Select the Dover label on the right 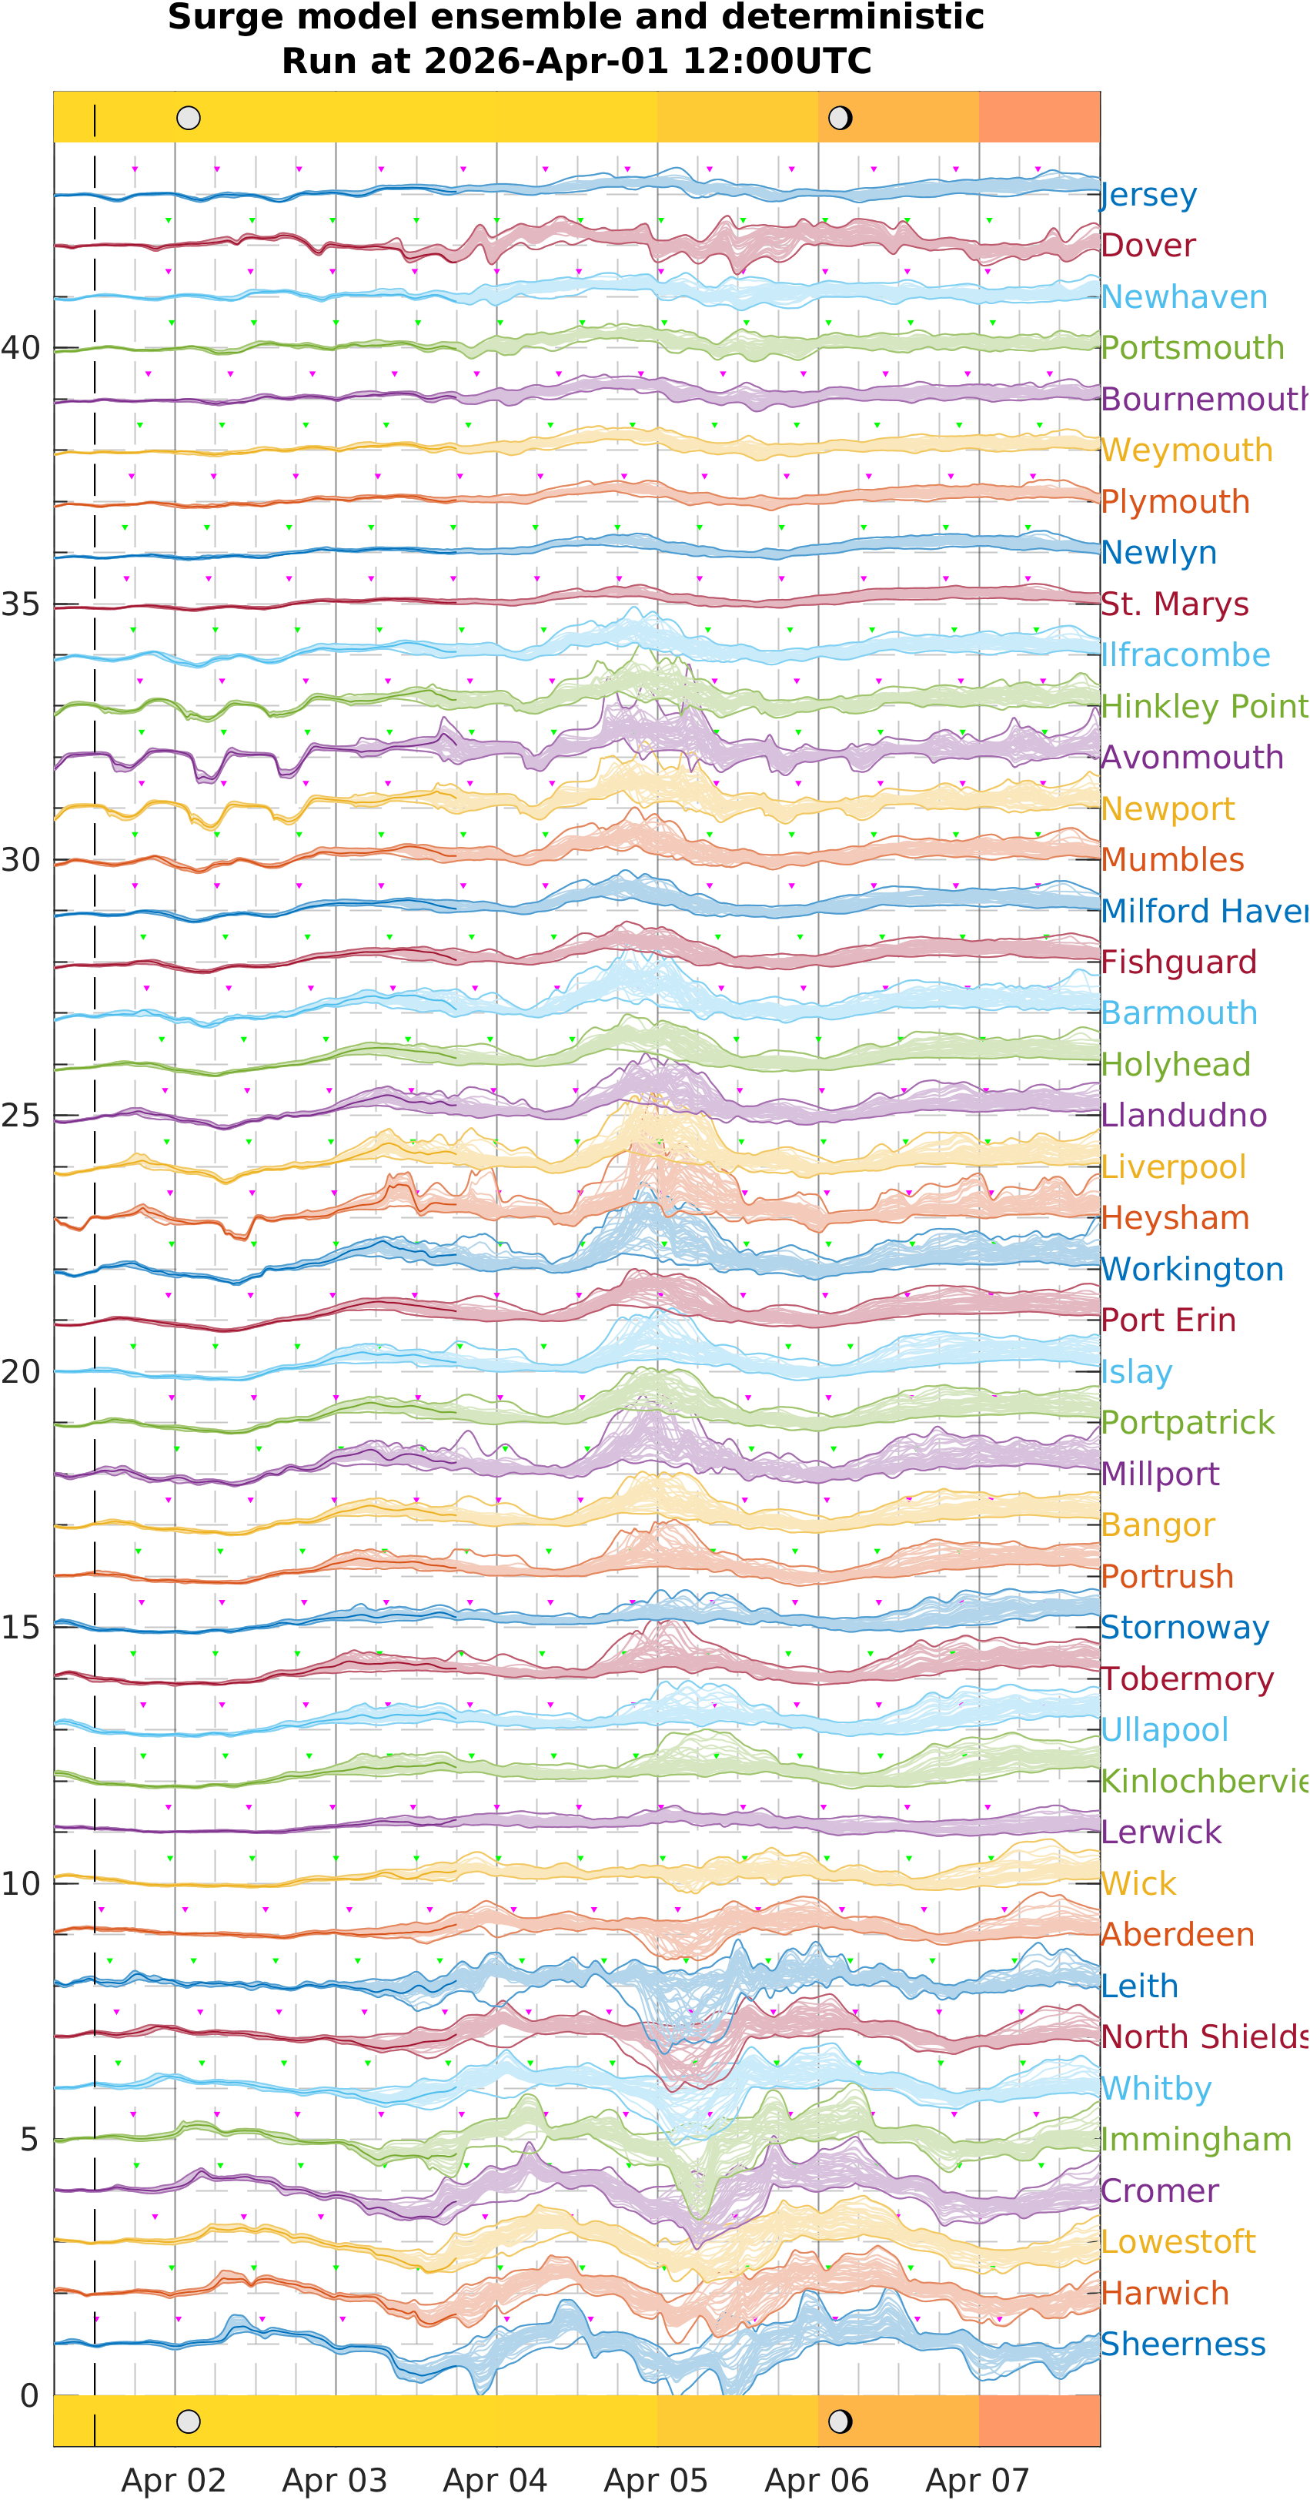tap(1148, 246)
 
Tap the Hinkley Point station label tap(1203, 707)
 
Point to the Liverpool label tap(1173, 1166)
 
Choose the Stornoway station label tap(1184, 1628)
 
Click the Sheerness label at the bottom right tap(1183, 2344)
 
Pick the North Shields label tap(1203, 2037)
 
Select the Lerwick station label tap(1161, 1832)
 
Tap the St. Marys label tap(1174, 604)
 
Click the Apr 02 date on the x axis tap(174, 2481)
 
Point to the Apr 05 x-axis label tap(656, 2481)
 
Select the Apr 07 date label tap(977, 2481)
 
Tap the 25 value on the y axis tap(20, 1116)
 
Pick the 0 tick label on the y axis tap(29, 2396)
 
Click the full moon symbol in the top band tap(189, 119)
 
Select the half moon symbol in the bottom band tap(840, 2421)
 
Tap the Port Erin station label tap(1168, 1321)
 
